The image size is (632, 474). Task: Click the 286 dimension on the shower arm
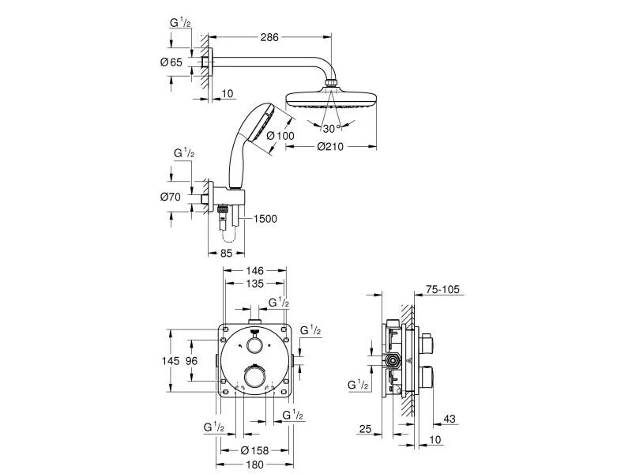tap(270, 36)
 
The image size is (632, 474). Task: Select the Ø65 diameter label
tap(172, 62)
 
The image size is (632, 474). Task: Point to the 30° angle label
tap(329, 128)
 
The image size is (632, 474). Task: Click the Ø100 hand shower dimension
tap(280, 136)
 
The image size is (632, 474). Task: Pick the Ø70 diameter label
tap(171, 197)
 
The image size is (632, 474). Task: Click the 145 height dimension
tap(171, 360)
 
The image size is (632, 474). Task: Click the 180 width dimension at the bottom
tap(253, 465)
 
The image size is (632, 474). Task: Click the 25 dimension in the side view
tap(364, 428)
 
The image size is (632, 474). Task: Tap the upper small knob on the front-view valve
tap(254, 345)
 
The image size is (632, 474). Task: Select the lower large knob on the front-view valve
tap(255, 378)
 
